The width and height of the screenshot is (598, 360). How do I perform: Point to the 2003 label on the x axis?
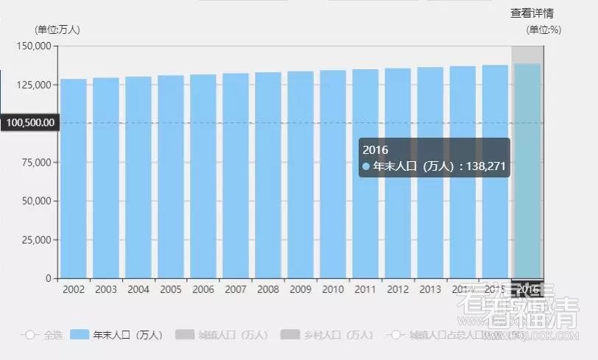(106, 289)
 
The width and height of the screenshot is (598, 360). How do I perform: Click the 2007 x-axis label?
(236, 289)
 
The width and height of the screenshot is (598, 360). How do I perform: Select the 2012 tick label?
(398, 289)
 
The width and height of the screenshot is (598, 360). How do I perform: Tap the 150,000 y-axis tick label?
(34, 46)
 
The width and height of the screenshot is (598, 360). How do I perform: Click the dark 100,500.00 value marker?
(29, 123)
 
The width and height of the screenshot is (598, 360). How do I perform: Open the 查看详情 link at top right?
(532, 13)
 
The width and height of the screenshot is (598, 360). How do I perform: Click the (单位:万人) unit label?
(57, 29)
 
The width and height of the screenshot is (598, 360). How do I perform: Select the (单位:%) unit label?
(544, 29)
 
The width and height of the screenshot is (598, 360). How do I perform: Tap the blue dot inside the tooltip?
(366, 167)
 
